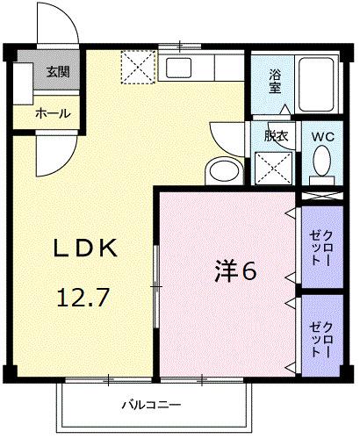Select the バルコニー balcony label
[151, 406]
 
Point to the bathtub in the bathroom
[317, 83]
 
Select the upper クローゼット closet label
[322, 248]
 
